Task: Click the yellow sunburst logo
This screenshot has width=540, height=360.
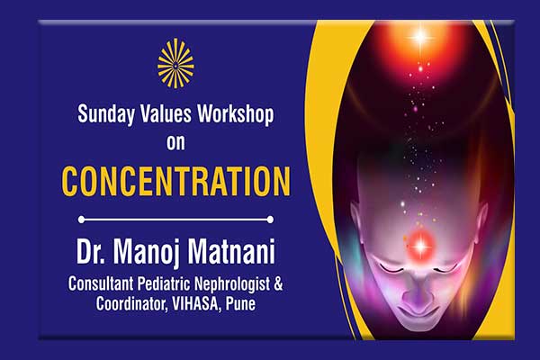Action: coord(175,63)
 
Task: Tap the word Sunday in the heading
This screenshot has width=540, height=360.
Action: coord(106,114)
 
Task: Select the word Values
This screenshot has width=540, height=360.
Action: coord(166,113)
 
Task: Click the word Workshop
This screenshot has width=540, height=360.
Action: coord(236,114)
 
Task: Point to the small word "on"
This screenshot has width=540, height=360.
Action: coord(175,142)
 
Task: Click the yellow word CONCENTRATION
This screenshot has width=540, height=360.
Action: coord(176,182)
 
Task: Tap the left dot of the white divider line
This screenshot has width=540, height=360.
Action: coord(81,220)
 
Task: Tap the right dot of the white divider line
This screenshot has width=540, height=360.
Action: coord(270,220)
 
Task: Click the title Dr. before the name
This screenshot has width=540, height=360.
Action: coord(91,251)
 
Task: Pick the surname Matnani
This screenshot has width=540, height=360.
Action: coord(231,251)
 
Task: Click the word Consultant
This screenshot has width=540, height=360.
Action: coord(101,283)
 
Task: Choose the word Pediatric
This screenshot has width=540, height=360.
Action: coord(164,283)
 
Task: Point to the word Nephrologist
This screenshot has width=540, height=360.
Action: coord(232,284)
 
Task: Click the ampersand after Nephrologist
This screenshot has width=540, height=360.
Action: coord(279,284)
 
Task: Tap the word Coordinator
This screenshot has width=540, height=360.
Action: coord(132,304)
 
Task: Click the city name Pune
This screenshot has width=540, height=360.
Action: coord(240,304)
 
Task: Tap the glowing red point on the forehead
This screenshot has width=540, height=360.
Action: coord(420,246)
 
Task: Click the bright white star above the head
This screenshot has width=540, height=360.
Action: coord(420,37)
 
